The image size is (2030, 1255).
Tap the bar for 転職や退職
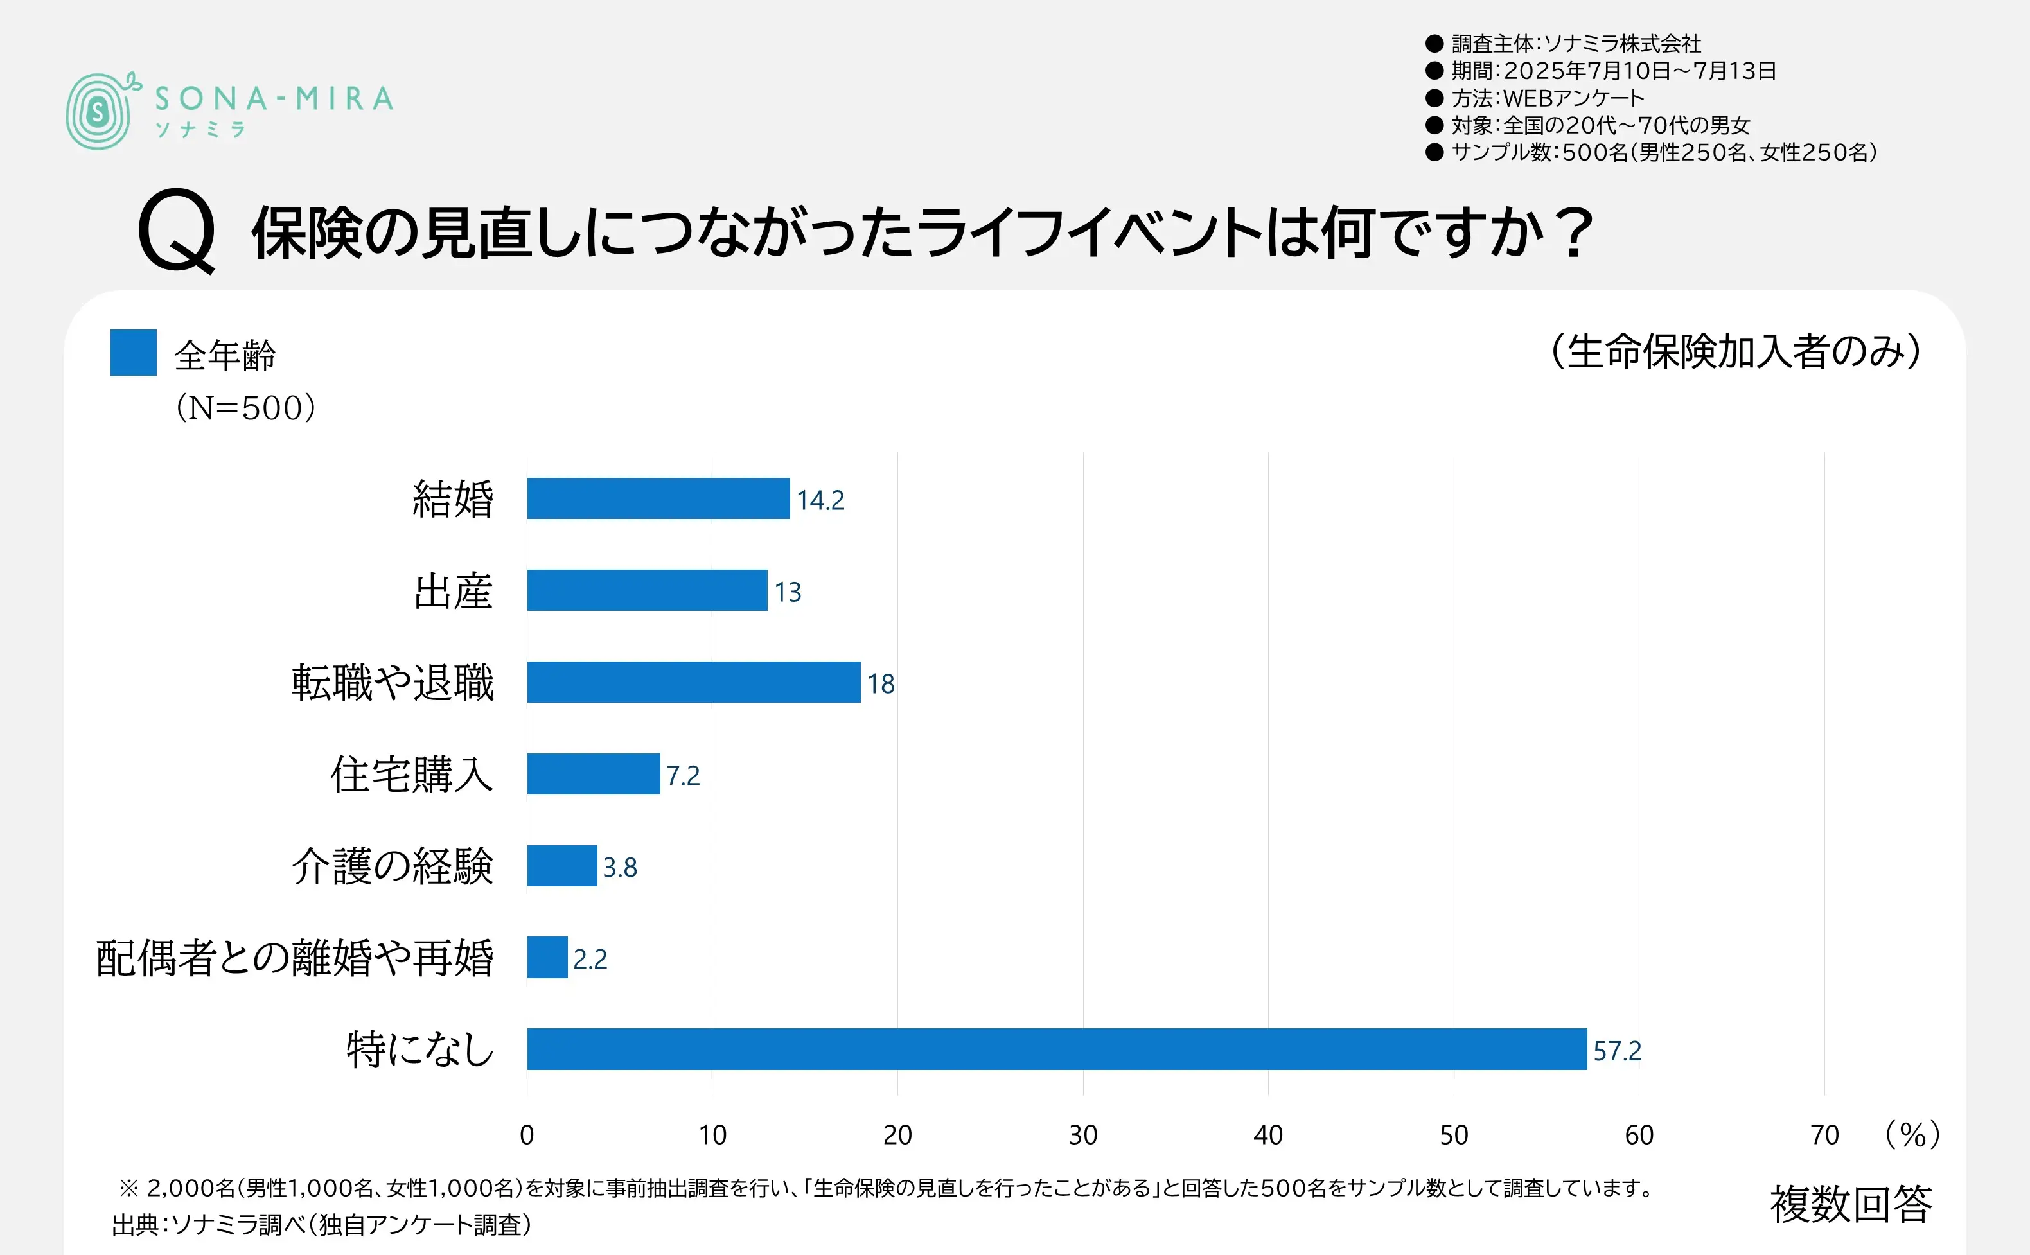coord(693,681)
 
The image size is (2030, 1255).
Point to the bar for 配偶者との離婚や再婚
coord(547,957)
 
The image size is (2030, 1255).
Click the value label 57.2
coord(1617,1051)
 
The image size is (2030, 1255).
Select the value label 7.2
coord(683,775)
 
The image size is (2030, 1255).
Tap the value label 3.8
coord(620,867)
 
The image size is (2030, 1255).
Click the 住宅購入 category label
coord(412,775)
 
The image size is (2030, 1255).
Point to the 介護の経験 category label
coord(393,866)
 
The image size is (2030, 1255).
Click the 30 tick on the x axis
coord(1082,1135)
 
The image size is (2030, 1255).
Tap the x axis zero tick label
coord(527,1135)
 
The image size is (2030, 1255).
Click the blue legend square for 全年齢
coord(134,353)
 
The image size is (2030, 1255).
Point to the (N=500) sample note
coord(245,408)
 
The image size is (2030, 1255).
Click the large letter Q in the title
coord(177,231)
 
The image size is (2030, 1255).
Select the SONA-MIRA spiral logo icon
coord(100,111)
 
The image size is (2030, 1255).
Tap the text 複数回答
coord(1851,1204)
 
